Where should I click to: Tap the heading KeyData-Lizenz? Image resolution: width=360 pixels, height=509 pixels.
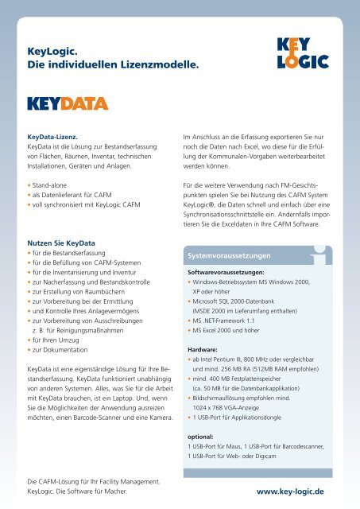point(52,135)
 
